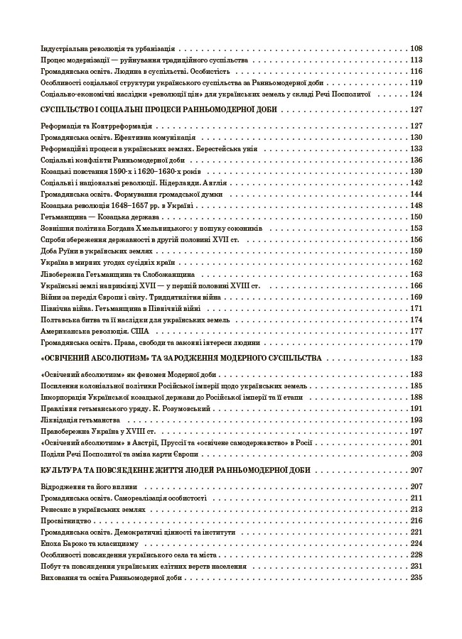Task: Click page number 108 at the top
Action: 416,49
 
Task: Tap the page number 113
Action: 416,60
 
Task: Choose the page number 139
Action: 416,171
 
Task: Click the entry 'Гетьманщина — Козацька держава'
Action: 89,217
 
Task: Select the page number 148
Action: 416,205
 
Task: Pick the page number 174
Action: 416,319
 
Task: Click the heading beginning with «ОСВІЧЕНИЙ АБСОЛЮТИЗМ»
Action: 183,358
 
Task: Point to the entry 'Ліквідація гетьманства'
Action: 73,420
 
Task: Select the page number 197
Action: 416,431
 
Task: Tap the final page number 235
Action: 416,577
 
